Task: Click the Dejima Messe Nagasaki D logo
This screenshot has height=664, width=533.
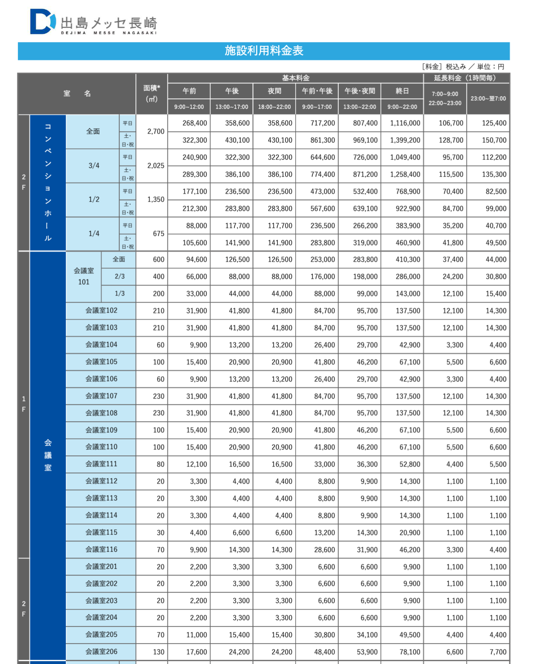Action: (43, 22)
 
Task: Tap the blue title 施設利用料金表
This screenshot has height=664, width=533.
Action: (264, 51)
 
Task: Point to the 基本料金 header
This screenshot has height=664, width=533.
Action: (295, 78)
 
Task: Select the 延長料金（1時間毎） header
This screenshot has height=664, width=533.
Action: (466, 78)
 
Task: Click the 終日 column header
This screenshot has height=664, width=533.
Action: (402, 91)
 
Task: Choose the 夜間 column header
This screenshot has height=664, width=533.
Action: (274, 91)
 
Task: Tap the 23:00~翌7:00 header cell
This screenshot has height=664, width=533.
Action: (488, 98)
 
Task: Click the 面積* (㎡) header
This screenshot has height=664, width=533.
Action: (152, 93)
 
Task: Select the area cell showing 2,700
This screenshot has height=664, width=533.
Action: (155, 131)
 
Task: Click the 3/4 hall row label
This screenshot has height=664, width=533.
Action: (94, 166)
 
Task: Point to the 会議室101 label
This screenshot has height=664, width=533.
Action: (84, 276)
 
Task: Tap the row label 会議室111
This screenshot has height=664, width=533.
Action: (101, 464)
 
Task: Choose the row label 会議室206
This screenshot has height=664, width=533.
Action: (101, 651)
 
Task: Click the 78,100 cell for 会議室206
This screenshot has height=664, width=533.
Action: (409, 652)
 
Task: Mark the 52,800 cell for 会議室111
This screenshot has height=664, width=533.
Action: (409, 465)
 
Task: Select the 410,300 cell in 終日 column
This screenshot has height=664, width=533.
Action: (408, 260)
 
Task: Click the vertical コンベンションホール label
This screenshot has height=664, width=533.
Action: (48, 182)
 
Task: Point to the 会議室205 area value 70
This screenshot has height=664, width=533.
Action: (160, 635)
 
